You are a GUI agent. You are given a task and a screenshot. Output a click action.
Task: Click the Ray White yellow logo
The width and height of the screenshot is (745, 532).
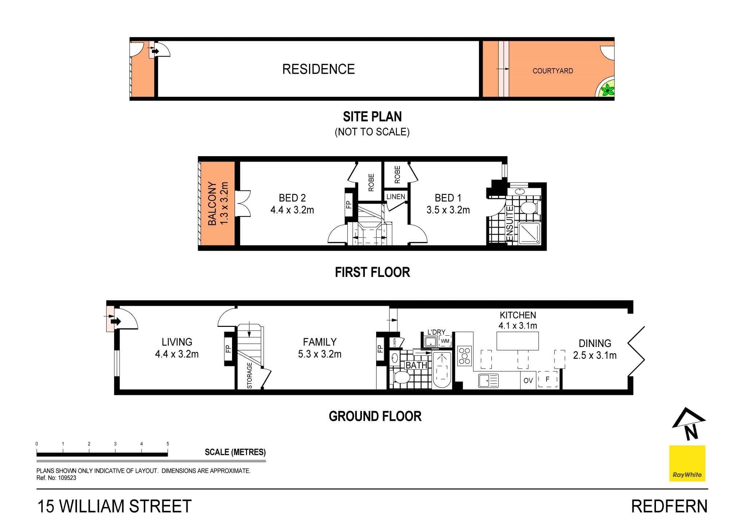(687, 463)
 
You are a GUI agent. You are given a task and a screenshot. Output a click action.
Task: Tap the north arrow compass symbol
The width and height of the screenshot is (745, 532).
(688, 424)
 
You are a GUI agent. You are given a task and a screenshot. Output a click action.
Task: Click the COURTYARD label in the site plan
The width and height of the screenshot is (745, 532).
(552, 71)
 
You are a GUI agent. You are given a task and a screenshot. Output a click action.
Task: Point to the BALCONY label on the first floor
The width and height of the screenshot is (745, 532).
(212, 204)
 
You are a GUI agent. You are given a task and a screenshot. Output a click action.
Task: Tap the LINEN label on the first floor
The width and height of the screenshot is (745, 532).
(395, 197)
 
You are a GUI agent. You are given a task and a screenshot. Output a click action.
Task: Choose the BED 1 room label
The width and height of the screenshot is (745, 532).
(448, 198)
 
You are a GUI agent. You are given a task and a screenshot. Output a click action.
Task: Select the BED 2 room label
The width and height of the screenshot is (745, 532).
(292, 198)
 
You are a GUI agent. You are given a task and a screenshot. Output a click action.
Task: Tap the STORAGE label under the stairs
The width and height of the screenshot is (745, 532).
(250, 375)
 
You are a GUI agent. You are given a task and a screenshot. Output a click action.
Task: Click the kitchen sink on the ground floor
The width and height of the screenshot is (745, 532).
(488, 381)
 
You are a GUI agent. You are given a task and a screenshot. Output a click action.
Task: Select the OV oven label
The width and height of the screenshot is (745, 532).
(528, 381)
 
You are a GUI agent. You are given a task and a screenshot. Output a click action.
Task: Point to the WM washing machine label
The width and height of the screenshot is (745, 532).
(445, 342)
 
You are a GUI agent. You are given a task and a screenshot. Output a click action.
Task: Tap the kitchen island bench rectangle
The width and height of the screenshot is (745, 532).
(518, 341)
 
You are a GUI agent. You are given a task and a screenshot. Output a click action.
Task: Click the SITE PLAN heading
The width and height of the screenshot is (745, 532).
(372, 117)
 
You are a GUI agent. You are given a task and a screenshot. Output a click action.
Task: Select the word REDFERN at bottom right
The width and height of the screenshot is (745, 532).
(669, 506)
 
